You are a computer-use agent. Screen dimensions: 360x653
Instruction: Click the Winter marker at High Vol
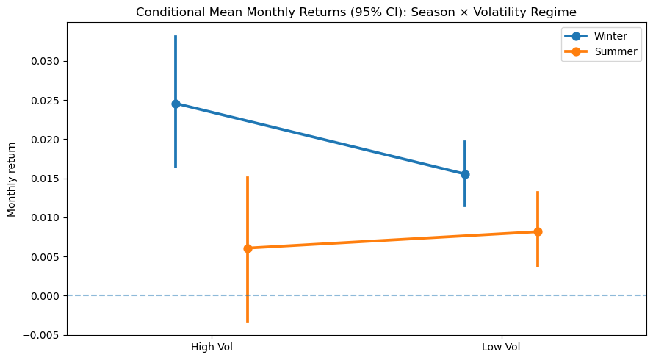coord(176,104)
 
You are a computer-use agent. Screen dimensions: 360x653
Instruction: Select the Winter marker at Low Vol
coord(465,174)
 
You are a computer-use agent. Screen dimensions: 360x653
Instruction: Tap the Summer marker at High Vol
coord(248,248)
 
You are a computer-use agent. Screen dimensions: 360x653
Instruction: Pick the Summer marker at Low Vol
coord(538,231)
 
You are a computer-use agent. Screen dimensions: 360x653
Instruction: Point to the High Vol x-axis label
coord(212,347)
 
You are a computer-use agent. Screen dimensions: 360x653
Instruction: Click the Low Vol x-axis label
coord(501,347)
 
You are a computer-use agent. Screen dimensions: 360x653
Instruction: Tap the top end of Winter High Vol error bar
coord(176,36)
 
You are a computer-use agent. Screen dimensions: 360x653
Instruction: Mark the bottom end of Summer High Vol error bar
coord(248,321)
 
